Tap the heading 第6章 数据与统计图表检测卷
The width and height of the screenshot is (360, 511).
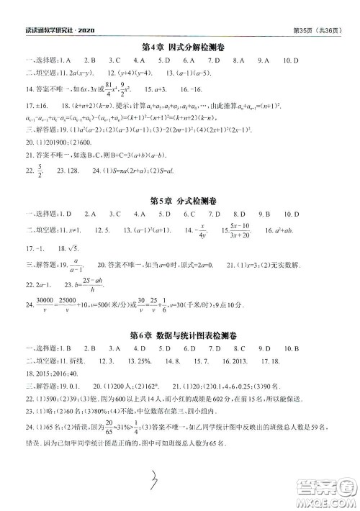(x=181, y=335)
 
